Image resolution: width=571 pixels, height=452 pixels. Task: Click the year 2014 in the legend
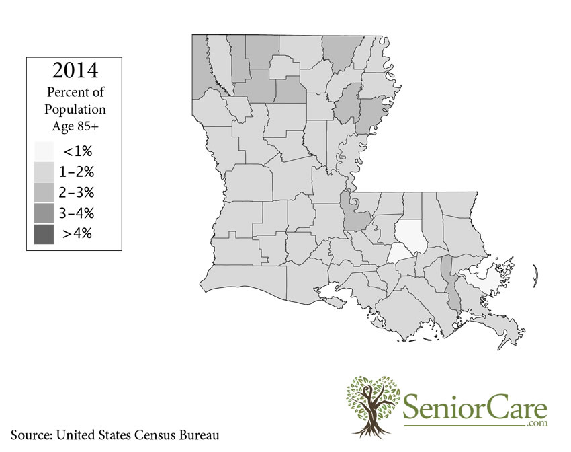tap(75, 70)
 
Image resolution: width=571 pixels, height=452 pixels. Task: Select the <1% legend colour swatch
tap(44, 151)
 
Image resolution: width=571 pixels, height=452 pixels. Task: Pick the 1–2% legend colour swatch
tap(44, 172)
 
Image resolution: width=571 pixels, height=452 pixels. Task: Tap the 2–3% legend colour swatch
tap(44, 192)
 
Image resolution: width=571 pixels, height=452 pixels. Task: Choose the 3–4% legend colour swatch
tap(44, 213)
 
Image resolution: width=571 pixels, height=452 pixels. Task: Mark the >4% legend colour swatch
tap(44, 234)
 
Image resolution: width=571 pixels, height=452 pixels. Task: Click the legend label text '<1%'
tap(77, 151)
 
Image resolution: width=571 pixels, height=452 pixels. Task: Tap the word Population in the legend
tap(75, 109)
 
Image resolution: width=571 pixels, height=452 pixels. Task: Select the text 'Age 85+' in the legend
tap(75, 125)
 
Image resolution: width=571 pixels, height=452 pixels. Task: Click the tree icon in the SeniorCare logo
tap(372, 404)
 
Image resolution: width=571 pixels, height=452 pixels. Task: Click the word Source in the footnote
tap(31, 435)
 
